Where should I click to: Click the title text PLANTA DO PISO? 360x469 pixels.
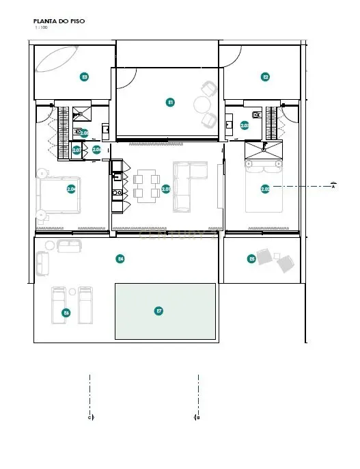coord(59,21)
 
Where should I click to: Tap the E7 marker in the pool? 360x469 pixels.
coord(159,311)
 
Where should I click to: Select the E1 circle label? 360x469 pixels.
coord(170,102)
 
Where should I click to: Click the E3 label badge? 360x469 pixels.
coord(84,77)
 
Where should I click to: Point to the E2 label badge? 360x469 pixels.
coord(266,77)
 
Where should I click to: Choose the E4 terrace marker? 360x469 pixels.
coord(120,258)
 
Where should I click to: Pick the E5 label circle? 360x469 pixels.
coord(251,258)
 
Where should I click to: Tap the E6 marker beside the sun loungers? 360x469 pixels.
coord(66,312)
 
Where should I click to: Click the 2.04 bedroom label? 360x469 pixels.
coord(71,189)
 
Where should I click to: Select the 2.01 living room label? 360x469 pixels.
coord(166,189)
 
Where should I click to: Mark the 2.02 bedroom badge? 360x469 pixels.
coord(265,189)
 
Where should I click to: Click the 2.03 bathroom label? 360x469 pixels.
coord(244,126)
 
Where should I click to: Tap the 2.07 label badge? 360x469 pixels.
coord(77,150)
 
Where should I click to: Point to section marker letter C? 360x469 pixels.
coord(89,416)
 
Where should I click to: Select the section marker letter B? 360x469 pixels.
coord(198,416)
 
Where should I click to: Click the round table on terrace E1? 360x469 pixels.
coord(203,105)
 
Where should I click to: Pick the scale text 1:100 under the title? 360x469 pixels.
coord(40,28)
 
